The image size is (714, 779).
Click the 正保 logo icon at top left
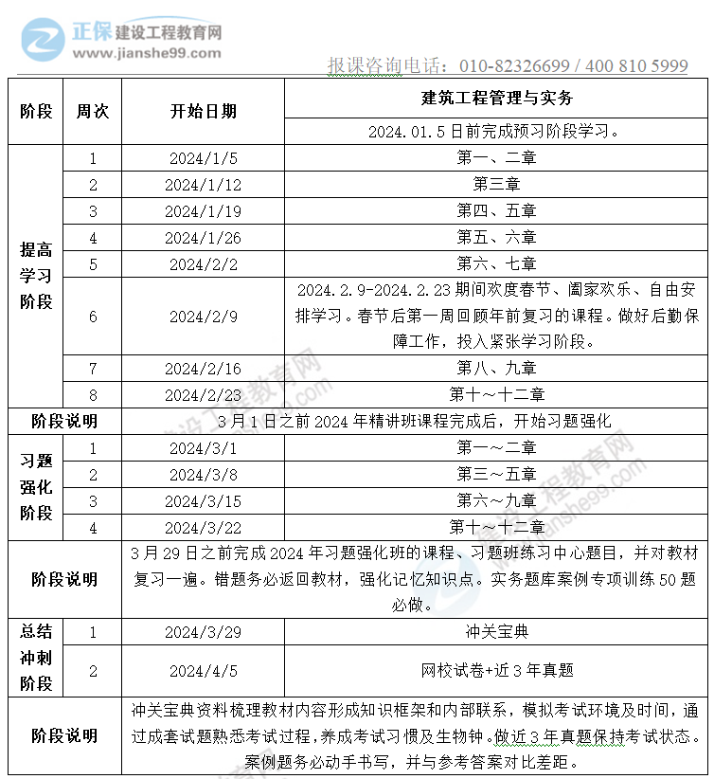(43, 36)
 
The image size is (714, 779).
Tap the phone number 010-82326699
(515, 65)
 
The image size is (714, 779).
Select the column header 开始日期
(204, 111)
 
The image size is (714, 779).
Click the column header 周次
(93, 111)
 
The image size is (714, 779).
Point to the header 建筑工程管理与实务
(496, 98)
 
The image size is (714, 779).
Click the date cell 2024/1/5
(204, 158)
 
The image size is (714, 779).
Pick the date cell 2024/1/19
(204, 211)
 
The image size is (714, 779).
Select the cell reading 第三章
(496, 185)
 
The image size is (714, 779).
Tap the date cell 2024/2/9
(204, 317)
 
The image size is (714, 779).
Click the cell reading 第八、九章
(496, 369)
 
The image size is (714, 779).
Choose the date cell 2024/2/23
(204, 395)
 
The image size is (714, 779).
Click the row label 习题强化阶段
(36, 487)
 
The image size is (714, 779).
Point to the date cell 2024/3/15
(204, 500)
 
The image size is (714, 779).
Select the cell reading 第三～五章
(496, 474)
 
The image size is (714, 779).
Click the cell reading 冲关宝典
(496, 631)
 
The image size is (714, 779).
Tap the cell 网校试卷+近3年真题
(496, 671)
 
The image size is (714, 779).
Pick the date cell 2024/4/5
(204, 671)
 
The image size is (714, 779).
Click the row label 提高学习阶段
(36, 276)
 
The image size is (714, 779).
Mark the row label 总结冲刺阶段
(36, 657)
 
